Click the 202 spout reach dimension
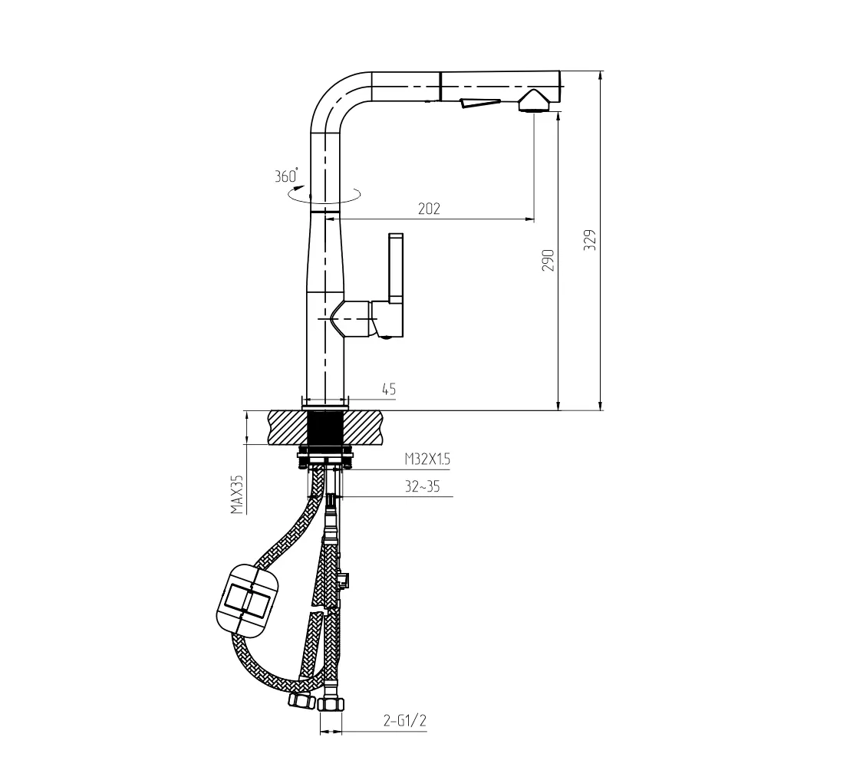point(430,209)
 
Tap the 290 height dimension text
point(548,260)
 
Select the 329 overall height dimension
point(590,240)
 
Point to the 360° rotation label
point(286,176)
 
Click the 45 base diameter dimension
point(389,390)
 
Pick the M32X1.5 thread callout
point(427,459)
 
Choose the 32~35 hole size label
point(423,486)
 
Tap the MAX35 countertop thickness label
point(237,494)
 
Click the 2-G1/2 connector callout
point(405,720)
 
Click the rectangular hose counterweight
point(249,601)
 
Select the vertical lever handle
point(396,268)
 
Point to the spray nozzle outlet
point(532,102)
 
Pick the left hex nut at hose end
point(301,700)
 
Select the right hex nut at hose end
point(331,704)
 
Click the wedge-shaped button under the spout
point(479,103)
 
